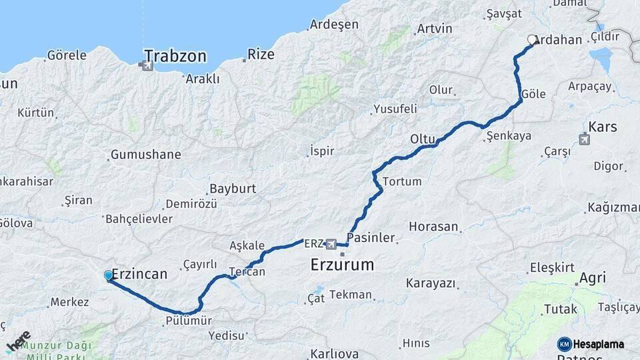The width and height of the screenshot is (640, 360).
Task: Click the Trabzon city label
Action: (x=175, y=55)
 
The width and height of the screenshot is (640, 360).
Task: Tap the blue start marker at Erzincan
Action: (x=109, y=275)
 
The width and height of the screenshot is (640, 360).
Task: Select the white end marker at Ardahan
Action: (x=532, y=40)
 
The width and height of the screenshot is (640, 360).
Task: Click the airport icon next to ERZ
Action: (x=331, y=244)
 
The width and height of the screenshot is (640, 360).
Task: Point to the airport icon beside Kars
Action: (x=585, y=139)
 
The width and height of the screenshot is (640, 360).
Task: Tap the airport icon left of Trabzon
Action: (x=142, y=65)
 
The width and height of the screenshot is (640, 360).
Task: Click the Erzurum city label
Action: (x=342, y=265)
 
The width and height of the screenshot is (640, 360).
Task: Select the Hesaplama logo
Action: (x=591, y=344)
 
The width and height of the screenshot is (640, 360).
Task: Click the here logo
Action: (x=18, y=341)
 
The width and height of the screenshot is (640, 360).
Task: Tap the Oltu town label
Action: (x=423, y=139)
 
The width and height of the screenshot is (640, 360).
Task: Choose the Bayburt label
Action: (x=233, y=189)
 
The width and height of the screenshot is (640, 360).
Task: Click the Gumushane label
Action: (x=145, y=155)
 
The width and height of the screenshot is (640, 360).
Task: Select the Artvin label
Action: (x=434, y=29)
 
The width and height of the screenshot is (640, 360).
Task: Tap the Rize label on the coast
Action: (x=260, y=54)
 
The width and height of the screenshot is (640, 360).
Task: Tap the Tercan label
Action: (x=247, y=272)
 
